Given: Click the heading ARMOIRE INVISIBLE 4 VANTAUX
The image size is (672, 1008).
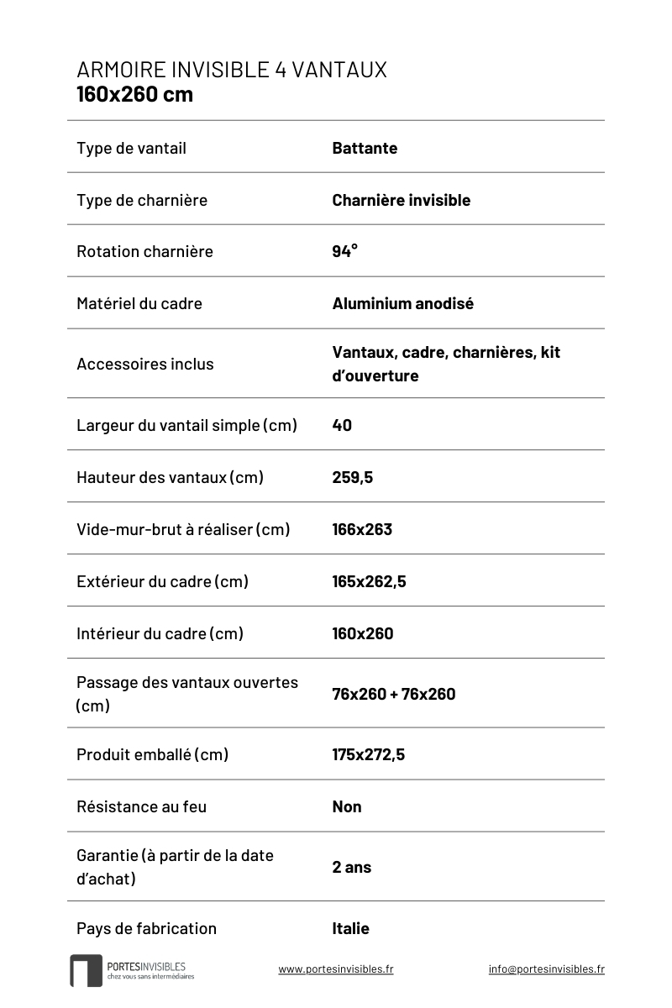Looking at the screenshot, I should pos(232,70).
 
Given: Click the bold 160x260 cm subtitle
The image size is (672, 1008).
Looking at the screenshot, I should pos(134,94).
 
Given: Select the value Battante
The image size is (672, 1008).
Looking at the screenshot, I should pos(365,149).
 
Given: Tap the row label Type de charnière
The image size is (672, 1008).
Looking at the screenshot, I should pos(141,200).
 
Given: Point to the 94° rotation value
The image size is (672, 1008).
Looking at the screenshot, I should pos(344,251).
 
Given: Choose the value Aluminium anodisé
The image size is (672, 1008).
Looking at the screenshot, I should pos(402,303).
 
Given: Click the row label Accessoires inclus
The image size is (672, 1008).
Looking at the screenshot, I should pos(144,364).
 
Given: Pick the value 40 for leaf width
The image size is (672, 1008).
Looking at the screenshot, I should pos(342,425).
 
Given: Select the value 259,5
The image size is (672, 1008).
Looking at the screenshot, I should pos(352,477).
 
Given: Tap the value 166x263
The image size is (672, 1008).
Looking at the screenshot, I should pos(362,529).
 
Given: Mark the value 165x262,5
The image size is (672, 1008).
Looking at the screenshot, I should pos(369,581).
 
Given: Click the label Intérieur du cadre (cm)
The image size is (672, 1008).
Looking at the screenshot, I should pos(160,633).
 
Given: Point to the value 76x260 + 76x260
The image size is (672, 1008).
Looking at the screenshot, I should pos(393,694).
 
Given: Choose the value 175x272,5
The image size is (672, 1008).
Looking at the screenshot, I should pos(368,754).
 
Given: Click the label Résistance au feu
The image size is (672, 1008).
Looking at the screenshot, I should pos(141,806).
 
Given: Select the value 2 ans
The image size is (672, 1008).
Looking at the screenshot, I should pos(351,867).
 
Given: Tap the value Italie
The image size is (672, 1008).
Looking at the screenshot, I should pos(350,928).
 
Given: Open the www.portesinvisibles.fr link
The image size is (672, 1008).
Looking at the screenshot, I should pos(335,969).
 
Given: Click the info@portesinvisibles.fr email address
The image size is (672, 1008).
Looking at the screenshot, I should pos(546,969).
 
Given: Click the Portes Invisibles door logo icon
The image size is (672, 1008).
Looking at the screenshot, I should pos(86,970).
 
